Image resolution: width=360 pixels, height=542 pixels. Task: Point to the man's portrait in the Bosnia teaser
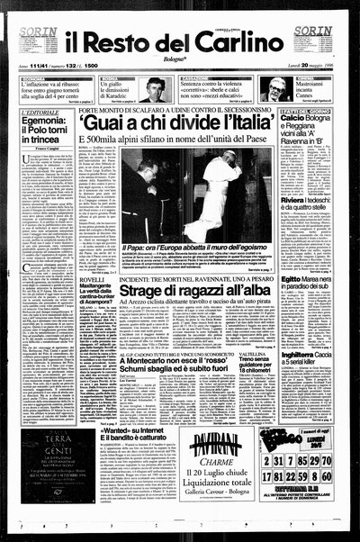pyautogui.click(x=155, y=89)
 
